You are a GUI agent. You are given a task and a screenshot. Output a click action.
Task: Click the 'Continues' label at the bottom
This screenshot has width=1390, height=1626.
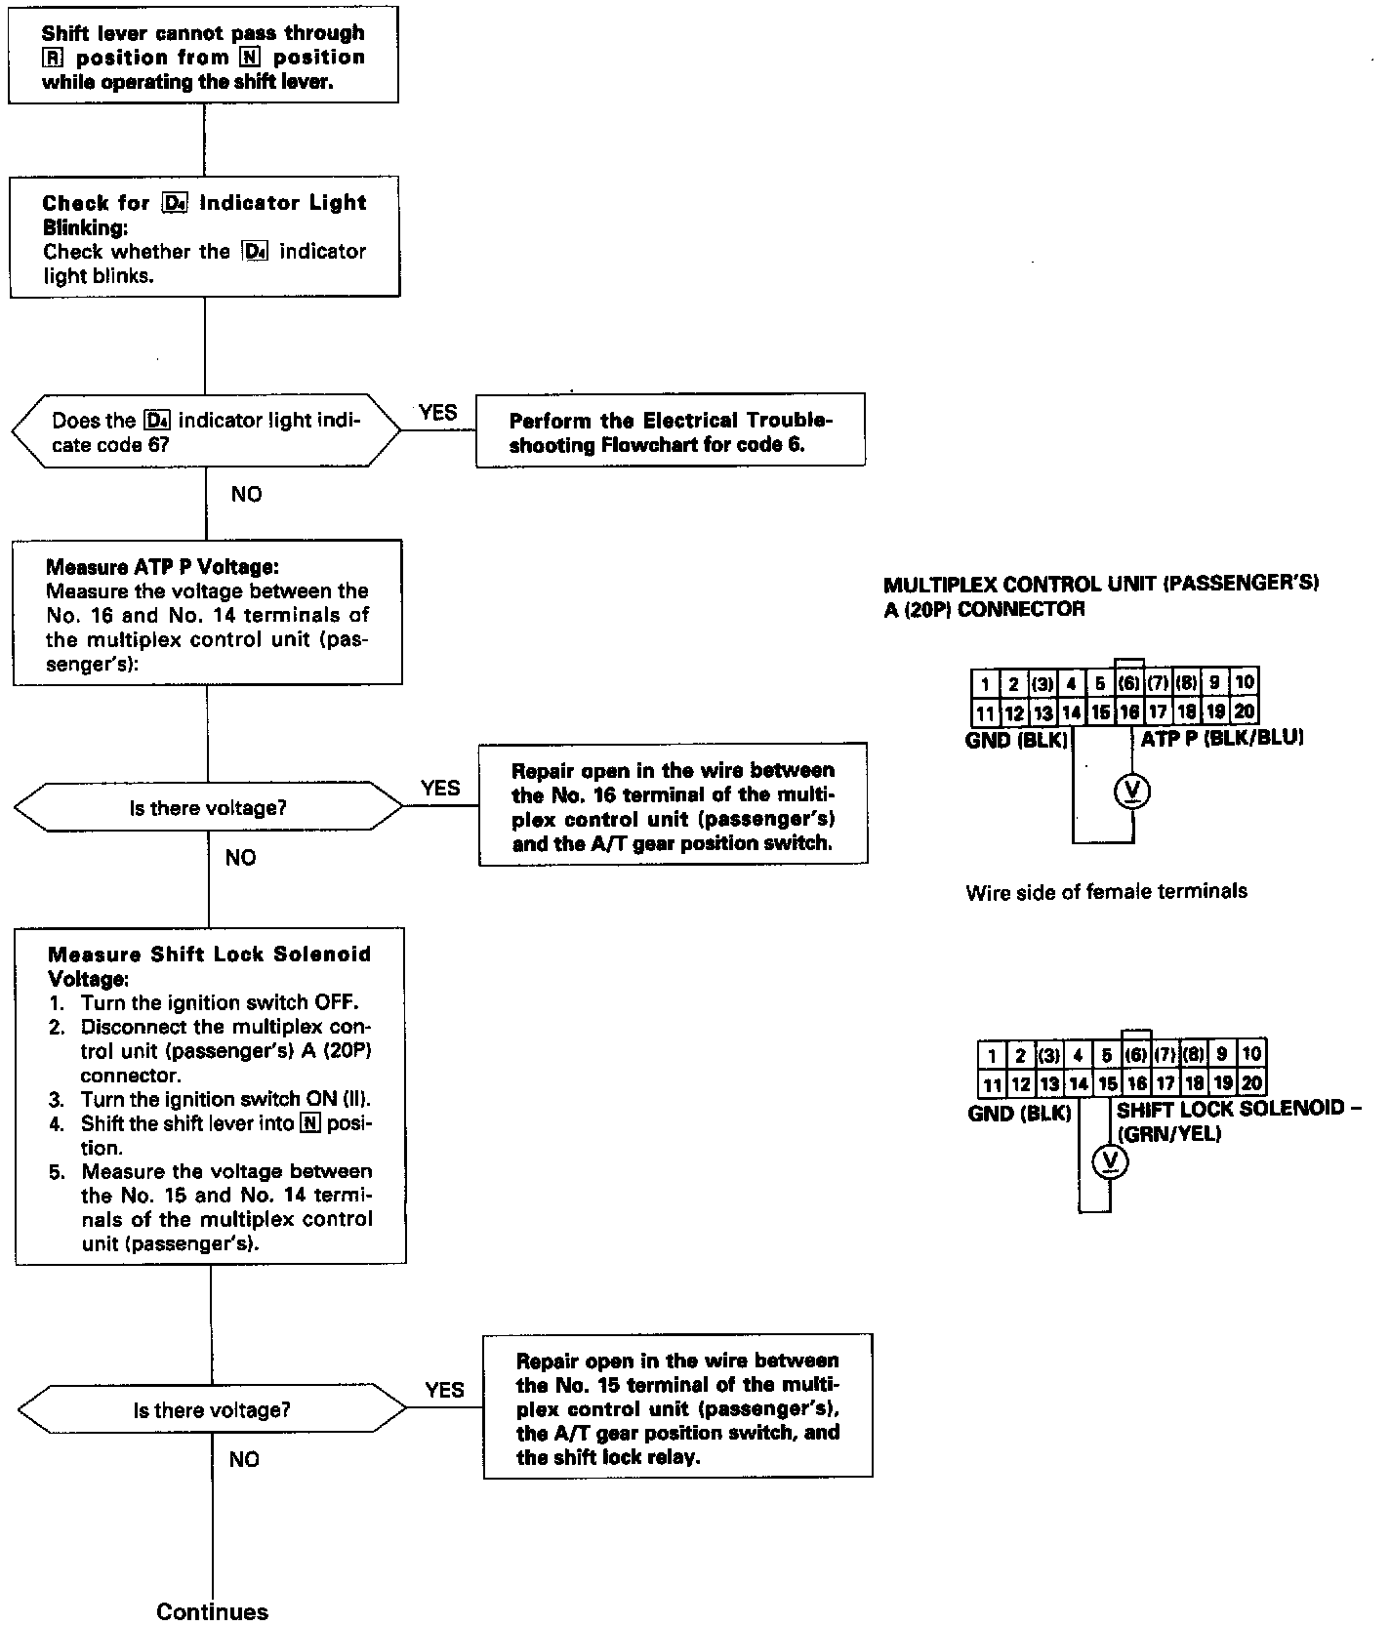point(212,1610)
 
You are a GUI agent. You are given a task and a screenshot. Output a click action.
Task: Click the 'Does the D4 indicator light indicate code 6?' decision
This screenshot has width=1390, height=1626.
point(206,431)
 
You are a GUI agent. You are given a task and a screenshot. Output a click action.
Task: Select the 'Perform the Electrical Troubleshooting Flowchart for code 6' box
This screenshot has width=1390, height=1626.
point(671,432)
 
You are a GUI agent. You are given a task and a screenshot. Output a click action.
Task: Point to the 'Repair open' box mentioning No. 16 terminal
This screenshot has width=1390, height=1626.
point(673,805)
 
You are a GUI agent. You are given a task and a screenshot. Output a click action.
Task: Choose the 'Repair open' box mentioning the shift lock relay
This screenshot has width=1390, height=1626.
point(677,1408)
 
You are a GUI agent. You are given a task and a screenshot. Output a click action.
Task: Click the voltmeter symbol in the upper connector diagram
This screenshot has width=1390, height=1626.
point(1132,792)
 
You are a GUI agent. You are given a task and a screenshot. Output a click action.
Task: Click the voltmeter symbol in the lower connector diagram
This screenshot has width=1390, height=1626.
point(1109,1160)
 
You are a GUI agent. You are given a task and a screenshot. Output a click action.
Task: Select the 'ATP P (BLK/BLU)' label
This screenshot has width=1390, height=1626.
point(1222,738)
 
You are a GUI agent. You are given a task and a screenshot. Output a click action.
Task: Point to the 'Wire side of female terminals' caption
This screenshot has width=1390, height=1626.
point(1106,891)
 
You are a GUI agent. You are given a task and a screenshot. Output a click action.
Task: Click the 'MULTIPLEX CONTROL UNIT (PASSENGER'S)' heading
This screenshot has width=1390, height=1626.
point(1100,585)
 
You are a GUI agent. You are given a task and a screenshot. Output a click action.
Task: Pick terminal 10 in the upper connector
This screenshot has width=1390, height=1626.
point(1245,682)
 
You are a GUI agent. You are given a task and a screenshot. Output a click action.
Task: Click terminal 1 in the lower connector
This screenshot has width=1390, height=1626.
point(992,1055)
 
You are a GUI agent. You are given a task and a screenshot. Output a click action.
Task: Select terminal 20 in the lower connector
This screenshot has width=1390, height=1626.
point(1251,1082)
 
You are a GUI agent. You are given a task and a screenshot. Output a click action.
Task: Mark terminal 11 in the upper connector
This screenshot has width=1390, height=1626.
point(985,711)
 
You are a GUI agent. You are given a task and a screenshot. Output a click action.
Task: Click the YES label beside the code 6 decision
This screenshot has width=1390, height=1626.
point(437,413)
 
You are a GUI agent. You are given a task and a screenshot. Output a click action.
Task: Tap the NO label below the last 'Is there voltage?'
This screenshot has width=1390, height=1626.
point(244,1459)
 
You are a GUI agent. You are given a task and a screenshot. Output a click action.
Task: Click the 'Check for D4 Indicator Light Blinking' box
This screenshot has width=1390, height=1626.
point(205,238)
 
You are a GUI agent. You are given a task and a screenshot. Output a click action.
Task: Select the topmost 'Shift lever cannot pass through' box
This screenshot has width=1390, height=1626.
point(203,58)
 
